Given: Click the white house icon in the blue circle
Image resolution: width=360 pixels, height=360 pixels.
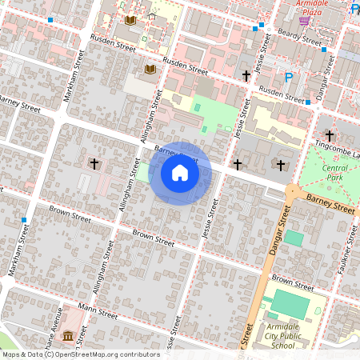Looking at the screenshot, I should [180, 174].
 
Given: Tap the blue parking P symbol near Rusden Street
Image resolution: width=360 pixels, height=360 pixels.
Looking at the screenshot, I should [289, 78].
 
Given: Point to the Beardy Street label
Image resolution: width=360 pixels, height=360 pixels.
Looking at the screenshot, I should [298, 38].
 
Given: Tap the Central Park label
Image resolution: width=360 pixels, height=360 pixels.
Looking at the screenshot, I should [334, 173].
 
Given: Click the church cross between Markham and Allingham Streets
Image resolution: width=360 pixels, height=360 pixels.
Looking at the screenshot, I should [94, 164].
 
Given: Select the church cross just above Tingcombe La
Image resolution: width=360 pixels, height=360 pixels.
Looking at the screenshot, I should [329, 137].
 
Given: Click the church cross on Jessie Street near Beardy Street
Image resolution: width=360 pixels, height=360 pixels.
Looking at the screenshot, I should [246, 76].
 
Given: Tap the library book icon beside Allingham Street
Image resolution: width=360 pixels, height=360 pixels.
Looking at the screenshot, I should [150, 70].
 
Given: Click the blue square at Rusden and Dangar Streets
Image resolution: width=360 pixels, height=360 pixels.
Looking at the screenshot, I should [307, 102].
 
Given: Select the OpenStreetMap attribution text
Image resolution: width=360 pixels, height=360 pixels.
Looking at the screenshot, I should [80, 354].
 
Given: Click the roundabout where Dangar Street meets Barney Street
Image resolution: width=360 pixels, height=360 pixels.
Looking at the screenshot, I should [292, 192].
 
